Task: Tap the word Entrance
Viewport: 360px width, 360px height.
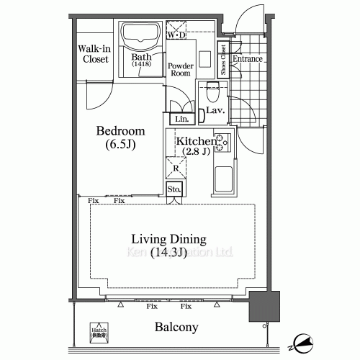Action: [x=247, y=59]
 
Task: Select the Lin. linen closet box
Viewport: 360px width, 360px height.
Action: [x=181, y=119]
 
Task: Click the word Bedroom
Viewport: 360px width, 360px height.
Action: [x=121, y=132]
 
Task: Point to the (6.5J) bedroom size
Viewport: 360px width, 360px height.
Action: [x=121, y=146]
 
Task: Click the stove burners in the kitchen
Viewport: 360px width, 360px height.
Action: [x=223, y=143]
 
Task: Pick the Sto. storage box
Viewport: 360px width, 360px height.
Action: [x=174, y=190]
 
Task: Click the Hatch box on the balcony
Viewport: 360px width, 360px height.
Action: [x=96, y=329]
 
